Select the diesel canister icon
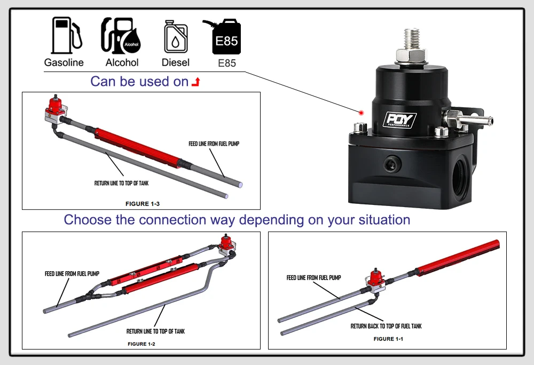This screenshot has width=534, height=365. [x=175, y=37]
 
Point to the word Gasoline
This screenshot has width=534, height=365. [x=64, y=62]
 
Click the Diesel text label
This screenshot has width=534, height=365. [x=176, y=62]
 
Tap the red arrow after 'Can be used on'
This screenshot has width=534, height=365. [x=196, y=82]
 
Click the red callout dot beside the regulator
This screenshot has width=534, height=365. [x=361, y=113]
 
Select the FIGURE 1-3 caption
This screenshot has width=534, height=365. [x=142, y=204]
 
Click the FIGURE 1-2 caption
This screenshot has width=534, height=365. [x=141, y=344]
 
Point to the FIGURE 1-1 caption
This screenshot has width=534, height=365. [x=388, y=339]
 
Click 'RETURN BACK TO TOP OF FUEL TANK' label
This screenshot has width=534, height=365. [x=386, y=326]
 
